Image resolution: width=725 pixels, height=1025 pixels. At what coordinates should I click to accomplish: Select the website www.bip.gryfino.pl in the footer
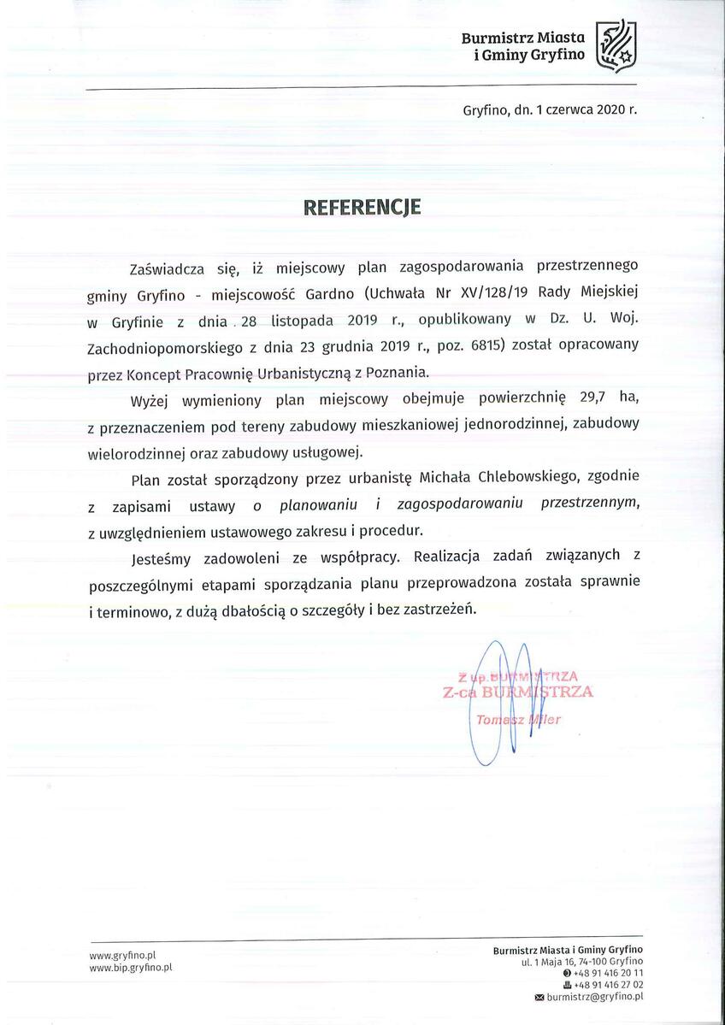click(x=131, y=966)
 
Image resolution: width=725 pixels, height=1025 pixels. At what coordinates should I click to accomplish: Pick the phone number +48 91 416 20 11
click(x=608, y=974)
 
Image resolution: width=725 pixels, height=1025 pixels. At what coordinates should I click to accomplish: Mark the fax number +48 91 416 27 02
click(x=608, y=985)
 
